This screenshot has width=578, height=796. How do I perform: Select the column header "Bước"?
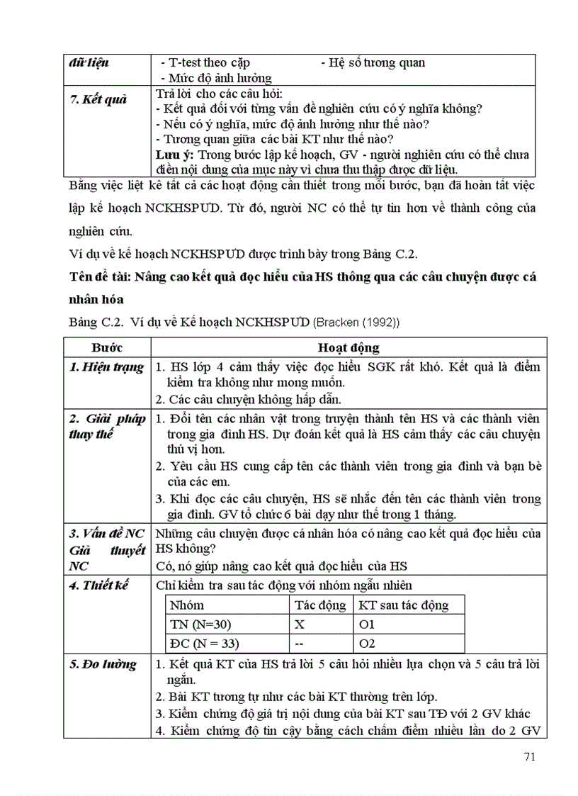click(x=106, y=347)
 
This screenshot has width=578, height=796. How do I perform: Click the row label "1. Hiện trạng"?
click(x=106, y=367)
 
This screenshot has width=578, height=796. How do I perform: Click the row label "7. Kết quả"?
click(x=98, y=99)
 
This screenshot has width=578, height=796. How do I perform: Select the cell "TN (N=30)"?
click(x=202, y=624)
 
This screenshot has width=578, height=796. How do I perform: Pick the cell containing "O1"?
click(x=367, y=624)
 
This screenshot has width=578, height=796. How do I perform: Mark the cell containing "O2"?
click(x=367, y=644)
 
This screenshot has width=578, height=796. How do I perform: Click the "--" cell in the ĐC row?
click(x=300, y=644)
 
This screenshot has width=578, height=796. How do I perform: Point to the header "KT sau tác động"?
click(x=404, y=605)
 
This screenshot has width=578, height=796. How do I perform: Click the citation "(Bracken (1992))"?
click(x=356, y=323)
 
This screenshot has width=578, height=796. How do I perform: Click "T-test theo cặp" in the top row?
click(x=205, y=62)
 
